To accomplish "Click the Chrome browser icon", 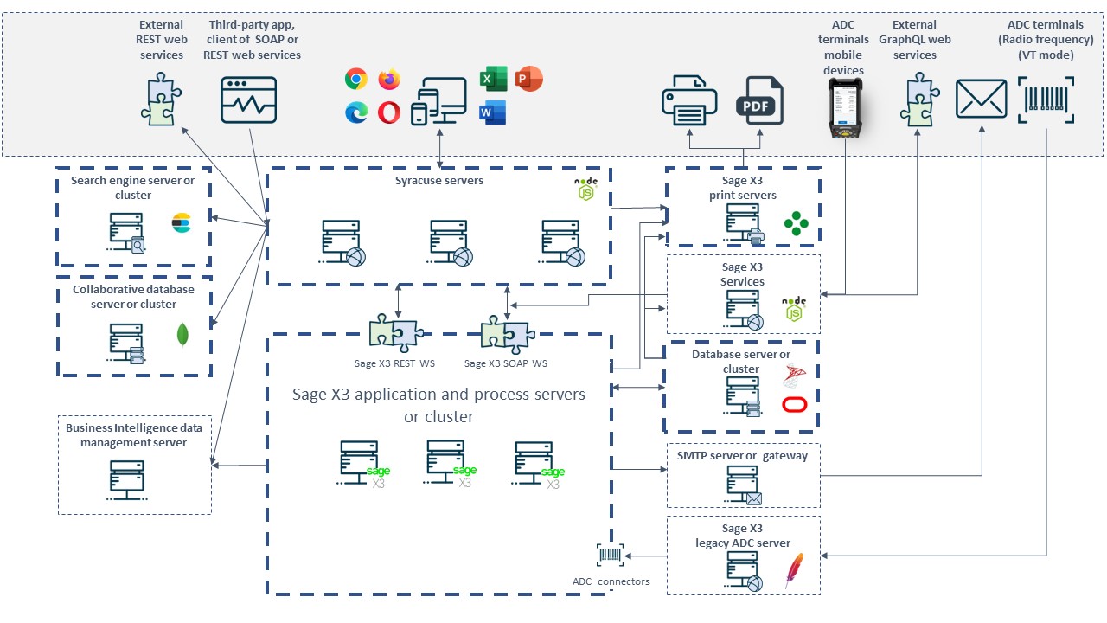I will click(x=355, y=80).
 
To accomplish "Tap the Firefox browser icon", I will click(x=389, y=80).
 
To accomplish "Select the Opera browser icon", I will click(x=389, y=112).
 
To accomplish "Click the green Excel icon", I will click(x=492, y=80).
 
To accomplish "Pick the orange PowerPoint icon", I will click(x=528, y=80).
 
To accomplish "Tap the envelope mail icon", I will click(x=981, y=99).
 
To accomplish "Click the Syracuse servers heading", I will click(x=439, y=181).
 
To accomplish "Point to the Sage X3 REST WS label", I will click(x=394, y=363).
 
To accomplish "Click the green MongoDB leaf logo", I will click(x=183, y=335).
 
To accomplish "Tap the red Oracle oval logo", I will click(x=794, y=404).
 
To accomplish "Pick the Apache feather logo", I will click(x=793, y=571).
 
